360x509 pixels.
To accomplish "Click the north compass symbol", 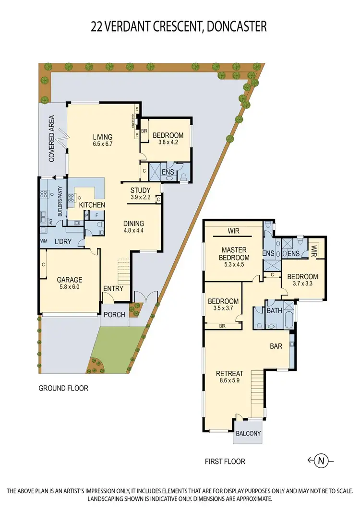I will coord(321,461).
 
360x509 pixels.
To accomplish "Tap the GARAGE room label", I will coord(70,280).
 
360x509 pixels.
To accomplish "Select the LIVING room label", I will coord(103,136).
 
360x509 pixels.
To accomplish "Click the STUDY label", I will coord(140,190).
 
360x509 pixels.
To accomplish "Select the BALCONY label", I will coord(248,434).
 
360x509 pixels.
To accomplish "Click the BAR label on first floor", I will coord(276,345).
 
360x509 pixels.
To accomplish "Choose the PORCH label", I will coord(114,315).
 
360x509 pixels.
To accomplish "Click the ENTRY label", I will coord(113,289).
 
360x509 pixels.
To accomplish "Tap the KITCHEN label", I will coord(92,205).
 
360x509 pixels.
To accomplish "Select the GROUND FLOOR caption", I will coord(63,388).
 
